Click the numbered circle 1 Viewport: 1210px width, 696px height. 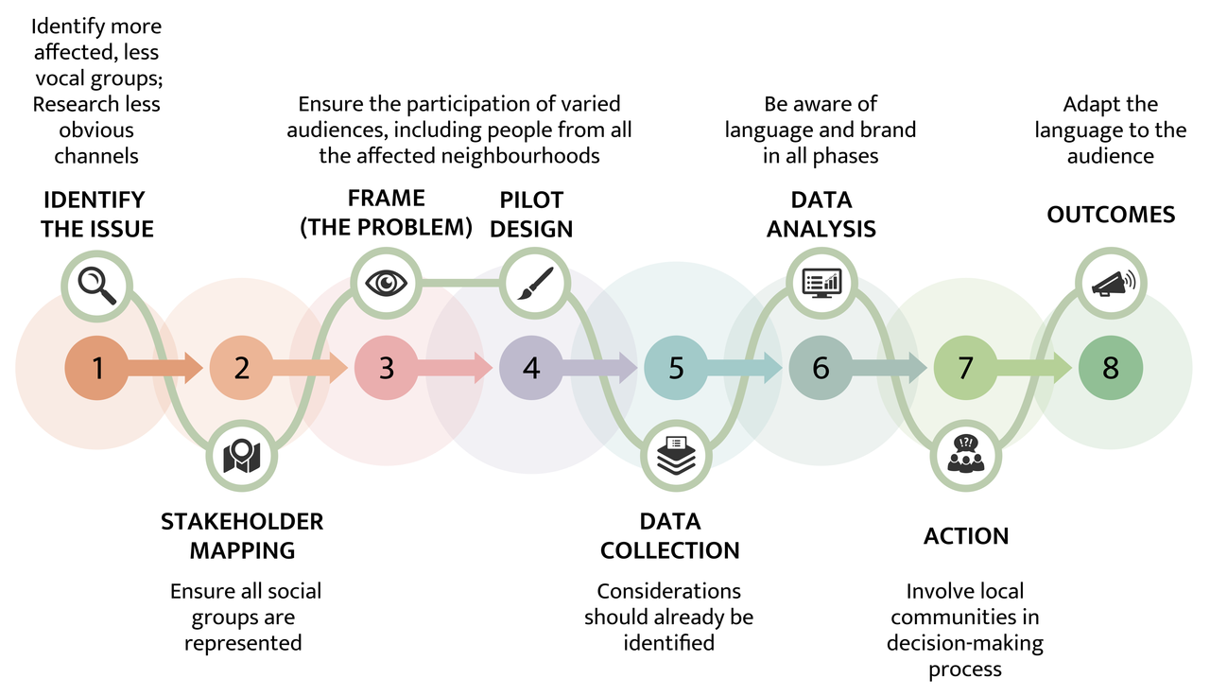(97, 367)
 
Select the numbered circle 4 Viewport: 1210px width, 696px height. (531, 367)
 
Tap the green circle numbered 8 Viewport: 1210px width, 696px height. (1110, 367)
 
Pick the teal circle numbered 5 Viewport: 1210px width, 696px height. (676, 367)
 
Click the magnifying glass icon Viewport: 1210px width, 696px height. (97, 284)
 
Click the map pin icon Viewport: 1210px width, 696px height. (242, 456)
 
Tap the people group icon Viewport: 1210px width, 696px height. (965, 455)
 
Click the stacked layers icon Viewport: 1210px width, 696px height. (676, 455)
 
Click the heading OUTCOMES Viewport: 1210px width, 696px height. (1111, 215)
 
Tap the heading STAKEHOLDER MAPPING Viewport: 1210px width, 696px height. (242, 535)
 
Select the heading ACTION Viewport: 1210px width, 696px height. (965, 536)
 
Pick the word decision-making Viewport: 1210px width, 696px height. (965, 643)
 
